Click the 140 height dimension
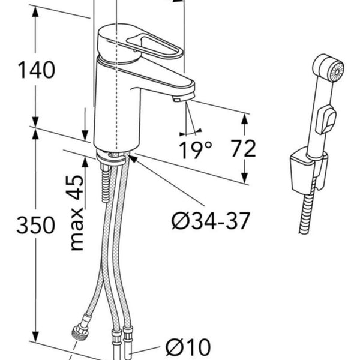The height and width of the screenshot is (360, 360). [37, 70]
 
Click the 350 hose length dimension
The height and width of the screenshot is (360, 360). [36, 225]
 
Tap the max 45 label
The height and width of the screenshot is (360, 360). [77, 213]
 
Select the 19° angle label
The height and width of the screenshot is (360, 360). [195, 150]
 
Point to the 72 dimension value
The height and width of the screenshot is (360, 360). [243, 149]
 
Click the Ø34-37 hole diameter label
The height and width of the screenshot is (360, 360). [211, 220]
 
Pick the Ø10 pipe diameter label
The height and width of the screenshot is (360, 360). [188, 347]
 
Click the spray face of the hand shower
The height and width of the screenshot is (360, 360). [337, 72]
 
